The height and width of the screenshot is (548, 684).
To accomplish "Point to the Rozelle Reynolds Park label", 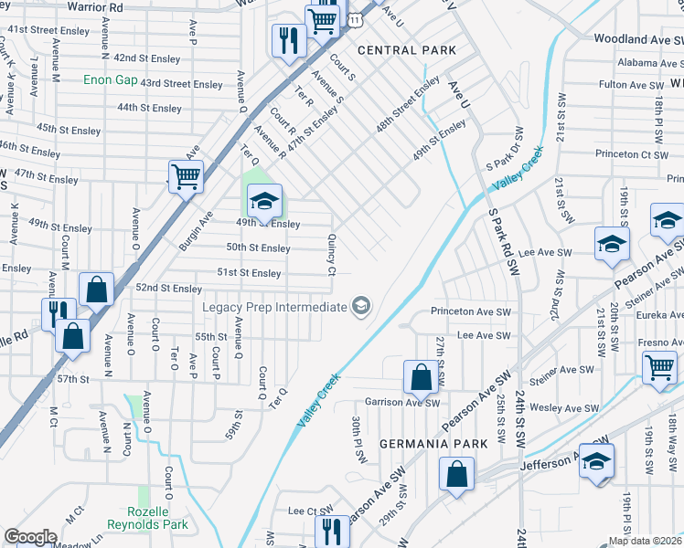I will click(147, 518).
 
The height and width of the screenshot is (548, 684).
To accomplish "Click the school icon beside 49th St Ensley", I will click(263, 201).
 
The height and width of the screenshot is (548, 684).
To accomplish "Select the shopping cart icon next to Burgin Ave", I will click(186, 175).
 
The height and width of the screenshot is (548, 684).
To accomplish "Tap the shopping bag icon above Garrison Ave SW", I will click(420, 375).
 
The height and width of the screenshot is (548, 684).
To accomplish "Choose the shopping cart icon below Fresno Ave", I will click(659, 367).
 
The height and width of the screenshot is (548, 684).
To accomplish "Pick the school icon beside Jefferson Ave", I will click(596, 460).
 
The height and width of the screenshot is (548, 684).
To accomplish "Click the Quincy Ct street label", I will click(332, 254).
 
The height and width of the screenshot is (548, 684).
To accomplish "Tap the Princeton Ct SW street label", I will click(631, 154).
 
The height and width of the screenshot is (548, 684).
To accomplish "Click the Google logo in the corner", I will click(30, 537).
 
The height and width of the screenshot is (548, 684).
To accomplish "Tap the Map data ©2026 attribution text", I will click(644, 541).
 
